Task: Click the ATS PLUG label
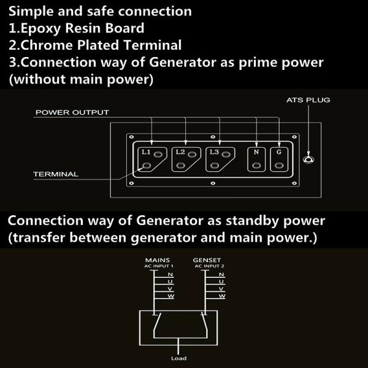(x=309, y=99)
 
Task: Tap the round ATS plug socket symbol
(x=309, y=161)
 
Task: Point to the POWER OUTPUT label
(x=72, y=112)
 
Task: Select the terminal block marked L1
(x=153, y=159)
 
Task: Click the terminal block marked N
(x=256, y=159)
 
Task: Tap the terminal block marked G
(x=279, y=159)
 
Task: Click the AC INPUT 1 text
(x=159, y=266)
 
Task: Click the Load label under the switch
(x=178, y=358)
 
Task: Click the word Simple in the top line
(x=29, y=11)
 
